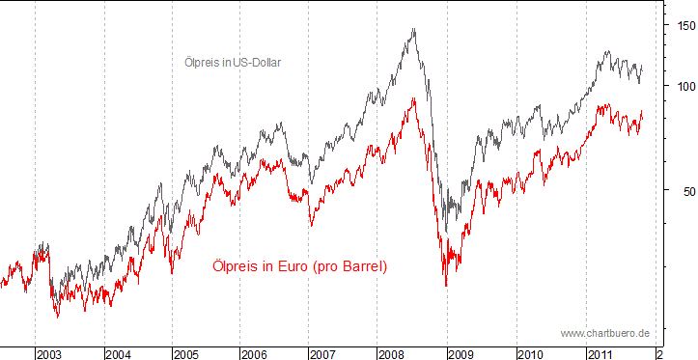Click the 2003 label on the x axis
tap(49, 354)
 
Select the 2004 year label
tap(119, 354)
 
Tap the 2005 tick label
tap(187, 354)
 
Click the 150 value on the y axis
tap(683, 26)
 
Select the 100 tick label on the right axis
tap(683, 86)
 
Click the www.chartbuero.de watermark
tap(604, 333)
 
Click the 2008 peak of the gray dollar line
tap(414, 29)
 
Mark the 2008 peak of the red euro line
tap(414, 97)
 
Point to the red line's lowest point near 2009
tap(446, 286)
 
